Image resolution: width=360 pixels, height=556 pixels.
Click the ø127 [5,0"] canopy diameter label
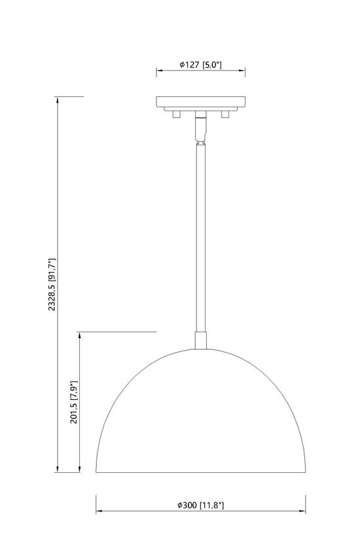[201, 65]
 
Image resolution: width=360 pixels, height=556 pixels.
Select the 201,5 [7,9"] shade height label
[74, 404]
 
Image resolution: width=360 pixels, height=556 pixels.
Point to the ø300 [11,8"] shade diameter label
[201, 504]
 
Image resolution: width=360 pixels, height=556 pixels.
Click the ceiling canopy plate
[201, 102]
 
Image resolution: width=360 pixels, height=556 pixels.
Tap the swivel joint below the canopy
[201, 128]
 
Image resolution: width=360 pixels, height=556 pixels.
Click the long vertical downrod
[201, 235]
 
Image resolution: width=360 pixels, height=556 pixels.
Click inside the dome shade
[201, 419]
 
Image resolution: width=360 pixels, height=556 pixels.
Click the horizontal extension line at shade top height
[118, 332]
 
